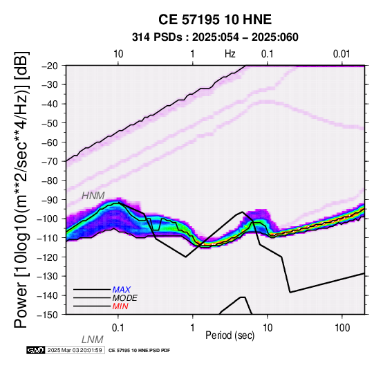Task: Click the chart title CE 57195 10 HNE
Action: click(x=215, y=19)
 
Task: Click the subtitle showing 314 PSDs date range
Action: click(x=215, y=37)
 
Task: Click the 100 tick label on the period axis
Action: click(x=342, y=328)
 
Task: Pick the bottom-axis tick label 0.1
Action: click(x=118, y=328)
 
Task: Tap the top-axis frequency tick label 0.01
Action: click(x=342, y=54)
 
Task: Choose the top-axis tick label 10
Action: click(x=118, y=54)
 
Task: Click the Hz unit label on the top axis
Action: click(x=230, y=54)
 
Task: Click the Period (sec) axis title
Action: click(x=230, y=335)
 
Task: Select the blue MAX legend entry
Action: click(x=122, y=290)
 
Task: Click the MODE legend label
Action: click(x=125, y=298)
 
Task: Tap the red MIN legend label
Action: click(x=120, y=306)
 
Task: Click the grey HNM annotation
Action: click(x=93, y=196)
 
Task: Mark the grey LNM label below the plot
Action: click(x=93, y=340)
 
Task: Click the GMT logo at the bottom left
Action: click(x=36, y=350)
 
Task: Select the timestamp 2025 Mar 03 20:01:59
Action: click(x=75, y=350)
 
